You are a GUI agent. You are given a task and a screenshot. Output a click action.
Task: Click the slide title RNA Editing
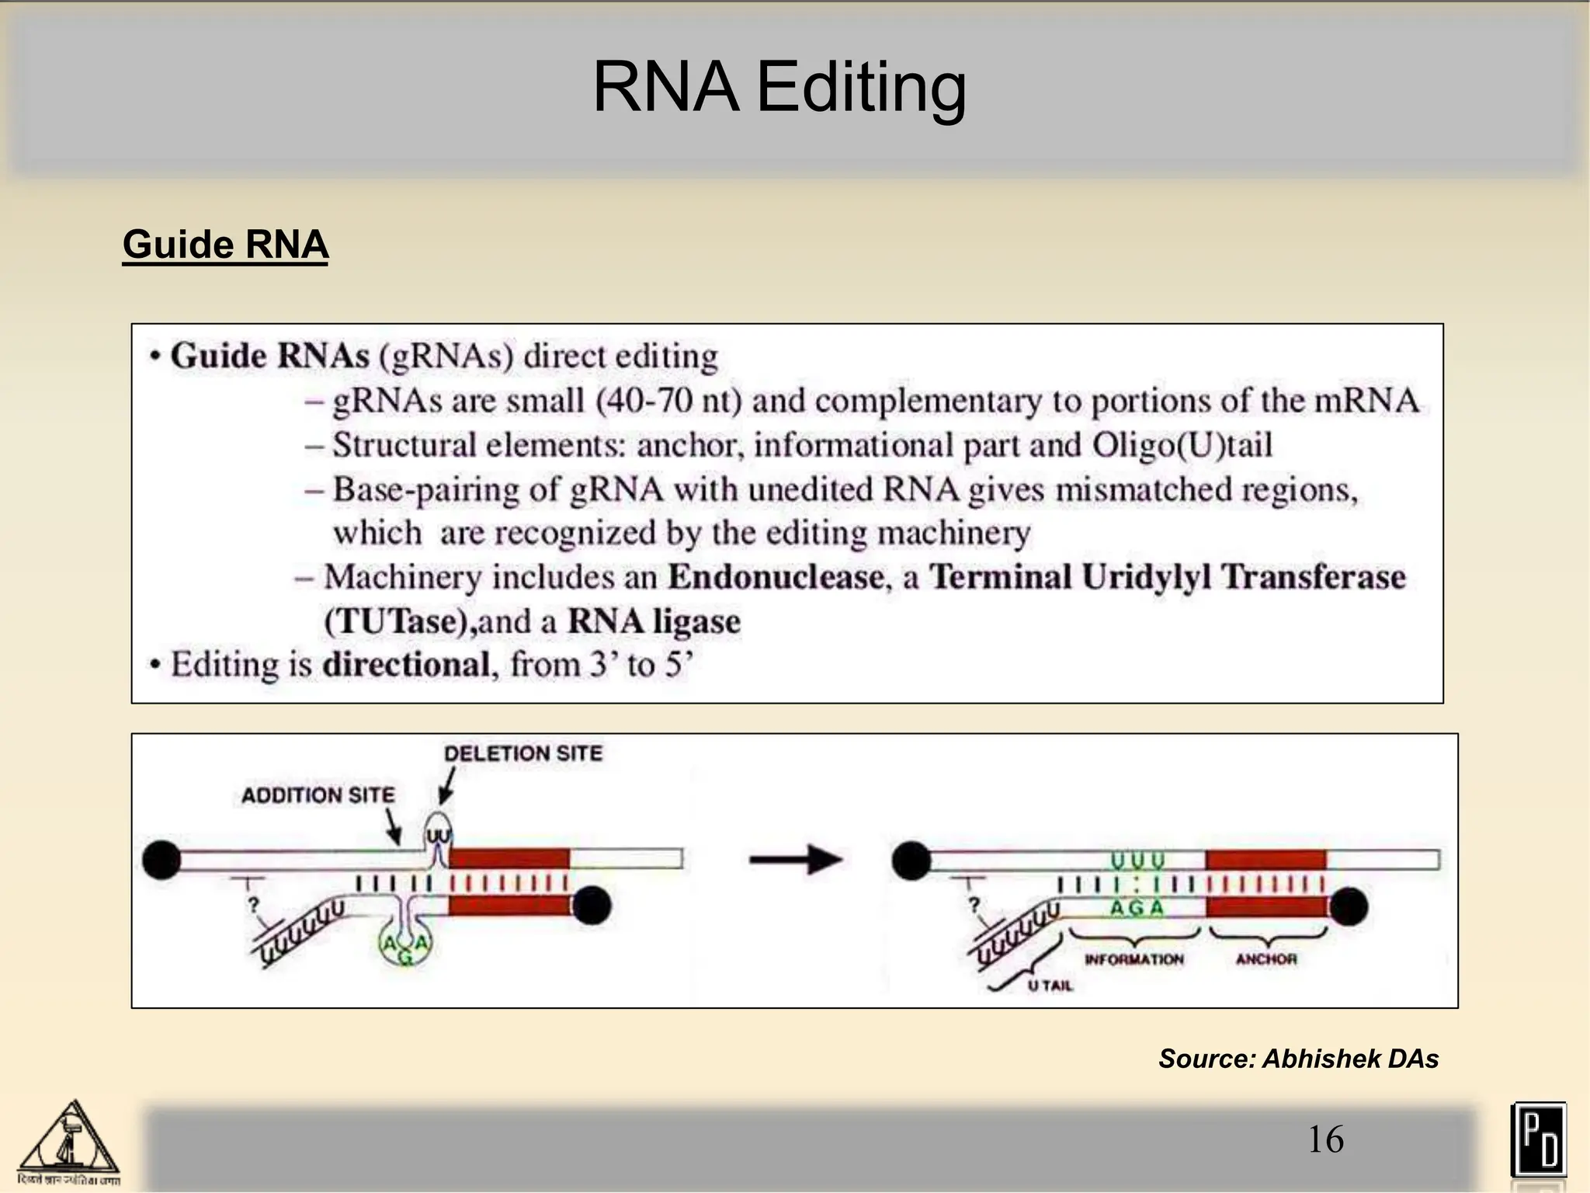tap(779, 87)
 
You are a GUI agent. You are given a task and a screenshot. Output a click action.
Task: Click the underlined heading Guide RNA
tap(225, 245)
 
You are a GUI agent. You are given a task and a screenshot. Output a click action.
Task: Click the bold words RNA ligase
tap(654, 621)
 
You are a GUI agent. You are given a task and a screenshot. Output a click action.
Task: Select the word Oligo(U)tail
tap(1182, 445)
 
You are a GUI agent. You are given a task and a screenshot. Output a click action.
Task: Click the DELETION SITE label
tap(522, 753)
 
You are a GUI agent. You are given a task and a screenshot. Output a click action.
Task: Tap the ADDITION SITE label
tap(318, 795)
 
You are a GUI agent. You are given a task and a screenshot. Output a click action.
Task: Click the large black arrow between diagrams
tap(795, 860)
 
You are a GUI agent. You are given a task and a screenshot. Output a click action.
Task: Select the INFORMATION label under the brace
tap(1133, 959)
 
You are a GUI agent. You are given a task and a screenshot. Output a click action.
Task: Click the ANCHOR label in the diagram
tap(1266, 959)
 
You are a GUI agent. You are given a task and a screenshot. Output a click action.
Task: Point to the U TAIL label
tap(1050, 986)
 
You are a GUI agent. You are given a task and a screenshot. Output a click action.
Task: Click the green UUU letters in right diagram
tap(1137, 861)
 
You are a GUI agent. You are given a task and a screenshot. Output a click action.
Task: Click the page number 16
tap(1325, 1139)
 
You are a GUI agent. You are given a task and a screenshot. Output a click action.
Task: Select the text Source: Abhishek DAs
tap(1298, 1059)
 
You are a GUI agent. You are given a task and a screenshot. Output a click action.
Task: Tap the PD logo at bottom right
tap(1538, 1139)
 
